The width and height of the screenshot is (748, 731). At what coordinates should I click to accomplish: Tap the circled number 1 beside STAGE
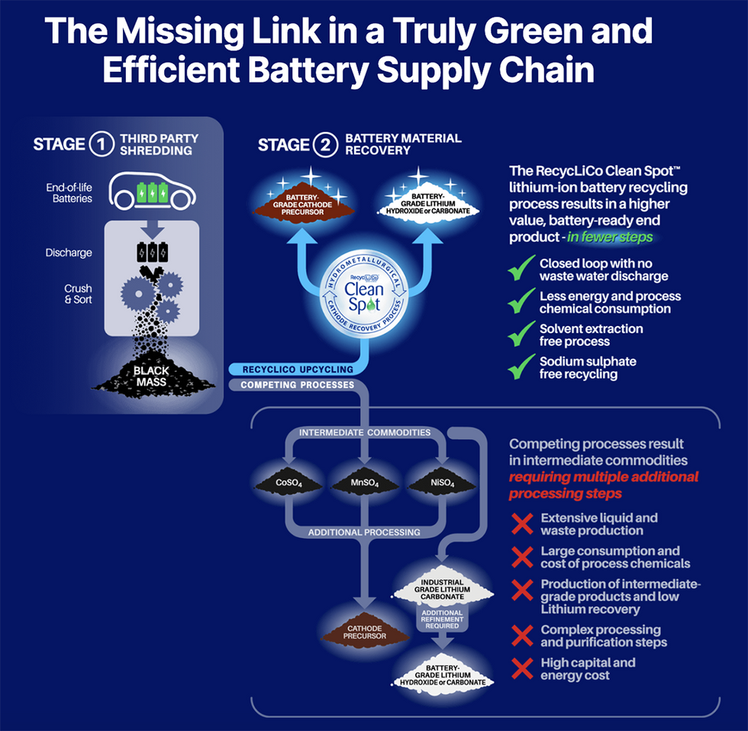click(100, 144)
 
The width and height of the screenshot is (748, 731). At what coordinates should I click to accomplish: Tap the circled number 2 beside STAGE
click(325, 144)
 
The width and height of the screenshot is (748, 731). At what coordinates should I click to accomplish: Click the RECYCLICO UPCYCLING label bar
click(298, 370)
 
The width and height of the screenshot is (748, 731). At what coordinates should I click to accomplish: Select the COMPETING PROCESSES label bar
click(298, 385)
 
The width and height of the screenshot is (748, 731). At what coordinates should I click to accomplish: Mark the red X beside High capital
click(522, 669)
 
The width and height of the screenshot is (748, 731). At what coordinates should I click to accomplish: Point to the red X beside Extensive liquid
click(522, 524)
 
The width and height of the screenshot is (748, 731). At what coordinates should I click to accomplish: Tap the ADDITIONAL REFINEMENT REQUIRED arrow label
click(442, 619)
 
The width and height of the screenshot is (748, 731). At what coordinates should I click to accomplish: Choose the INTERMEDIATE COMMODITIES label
click(363, 433)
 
